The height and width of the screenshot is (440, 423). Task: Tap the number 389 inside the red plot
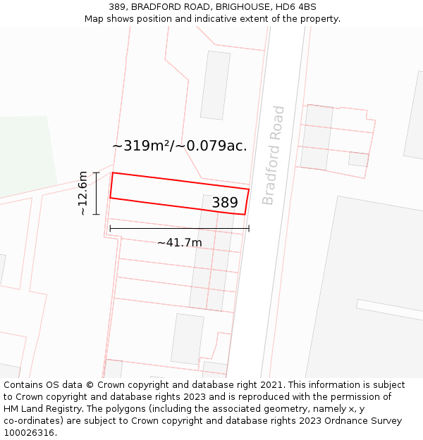[x=225, y=203]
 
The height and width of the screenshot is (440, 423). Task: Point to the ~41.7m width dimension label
[x=179, y=243]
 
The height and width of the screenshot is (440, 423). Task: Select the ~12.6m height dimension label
[x=83, y=193]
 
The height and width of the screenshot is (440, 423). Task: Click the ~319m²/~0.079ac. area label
[x=180, y=146]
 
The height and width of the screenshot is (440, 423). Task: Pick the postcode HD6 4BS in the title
[x=296, y=7]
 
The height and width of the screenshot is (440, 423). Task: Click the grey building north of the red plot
[x=215, y=84]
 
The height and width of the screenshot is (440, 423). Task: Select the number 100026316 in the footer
[x=30, y=433]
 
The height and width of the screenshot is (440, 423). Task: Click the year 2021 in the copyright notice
[x=271, y=385]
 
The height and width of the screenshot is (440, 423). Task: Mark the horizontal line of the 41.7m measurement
[x=179, y=228]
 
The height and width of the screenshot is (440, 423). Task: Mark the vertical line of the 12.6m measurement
[x=97, y=193]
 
